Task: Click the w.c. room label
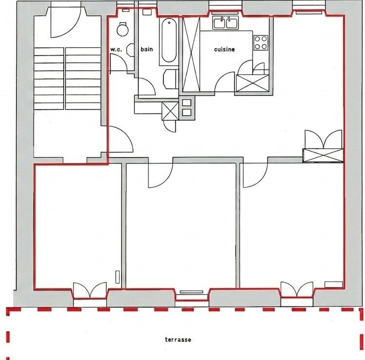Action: pos(116,49)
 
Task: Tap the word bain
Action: pos(146,49)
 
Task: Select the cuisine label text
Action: pos(224,49)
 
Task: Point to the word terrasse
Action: pos(178,340)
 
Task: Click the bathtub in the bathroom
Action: pos(169,41)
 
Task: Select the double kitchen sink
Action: pos(225,23)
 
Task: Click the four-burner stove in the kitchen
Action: pos(261,43)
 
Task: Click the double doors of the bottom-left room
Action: pos(90,290)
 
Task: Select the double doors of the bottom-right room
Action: pos(297,289)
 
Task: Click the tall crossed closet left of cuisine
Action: pos(191,54)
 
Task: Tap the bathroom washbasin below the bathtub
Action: pos(171,79)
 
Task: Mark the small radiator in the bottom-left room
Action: pos(118,277)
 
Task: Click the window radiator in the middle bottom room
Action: pos(191,292)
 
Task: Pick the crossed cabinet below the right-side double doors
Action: pos(323,155)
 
